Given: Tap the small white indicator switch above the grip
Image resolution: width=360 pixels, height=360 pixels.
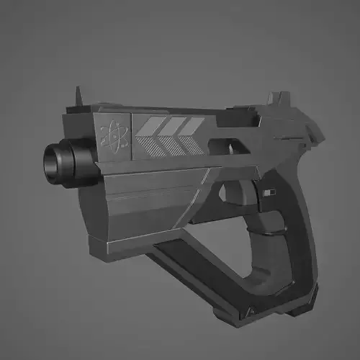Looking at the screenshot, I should (x=270, y=192).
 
